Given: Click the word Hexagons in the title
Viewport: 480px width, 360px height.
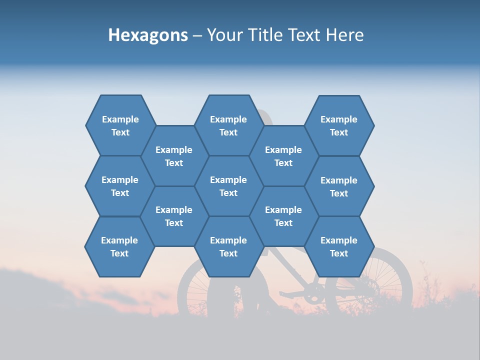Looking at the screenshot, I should click(148, 35).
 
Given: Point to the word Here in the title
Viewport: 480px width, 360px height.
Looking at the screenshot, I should click(344, 35).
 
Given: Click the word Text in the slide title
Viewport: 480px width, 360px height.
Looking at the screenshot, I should click(305, 35).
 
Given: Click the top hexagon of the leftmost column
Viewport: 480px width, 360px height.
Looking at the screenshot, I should click(120, 125).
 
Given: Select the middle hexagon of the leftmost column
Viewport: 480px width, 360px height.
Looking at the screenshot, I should click(120, 186).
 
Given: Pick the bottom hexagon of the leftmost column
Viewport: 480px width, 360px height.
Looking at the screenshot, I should click(119, 246).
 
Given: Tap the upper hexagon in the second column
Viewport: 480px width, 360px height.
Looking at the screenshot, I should click(174, 156).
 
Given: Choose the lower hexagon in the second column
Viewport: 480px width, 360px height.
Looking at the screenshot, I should click(174, 216).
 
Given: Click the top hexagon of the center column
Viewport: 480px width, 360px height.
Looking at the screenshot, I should click(228, 125).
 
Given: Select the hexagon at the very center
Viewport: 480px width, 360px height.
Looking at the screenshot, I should click(228, 186).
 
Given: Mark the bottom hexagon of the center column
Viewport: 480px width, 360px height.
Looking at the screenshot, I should click(228, 246).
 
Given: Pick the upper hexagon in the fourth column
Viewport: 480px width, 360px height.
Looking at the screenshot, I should click(283, 156).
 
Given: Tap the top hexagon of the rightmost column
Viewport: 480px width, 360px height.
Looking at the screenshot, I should click(339, 125).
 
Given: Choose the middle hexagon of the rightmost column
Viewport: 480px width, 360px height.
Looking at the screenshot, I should click(339, 186).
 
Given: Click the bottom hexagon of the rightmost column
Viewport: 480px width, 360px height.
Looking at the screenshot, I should click(339, 246).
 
